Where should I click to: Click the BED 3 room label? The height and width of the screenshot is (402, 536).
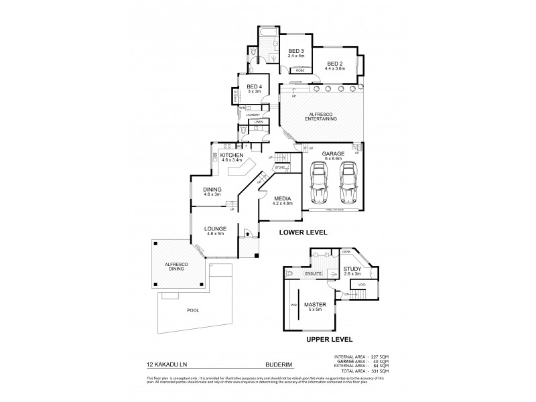point(296,51)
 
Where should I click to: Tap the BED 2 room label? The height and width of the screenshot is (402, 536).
point(334,63)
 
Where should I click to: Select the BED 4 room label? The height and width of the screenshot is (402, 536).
point(255,87)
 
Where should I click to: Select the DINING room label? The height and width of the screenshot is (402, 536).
point(212,190)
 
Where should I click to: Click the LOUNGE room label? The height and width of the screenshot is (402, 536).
point(214,229)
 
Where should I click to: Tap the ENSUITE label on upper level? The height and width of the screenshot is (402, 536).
point(314,274)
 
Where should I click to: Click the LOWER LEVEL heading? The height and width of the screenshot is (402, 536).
point(303,232)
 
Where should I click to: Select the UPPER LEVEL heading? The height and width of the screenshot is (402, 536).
point(330,340)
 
